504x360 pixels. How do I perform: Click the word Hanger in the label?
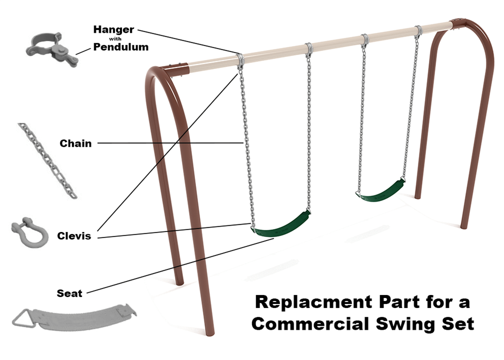point(113,29)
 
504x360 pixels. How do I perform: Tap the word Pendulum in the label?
point(120,47)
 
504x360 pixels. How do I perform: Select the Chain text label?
point(76,143)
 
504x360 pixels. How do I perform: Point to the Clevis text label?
point(74,235)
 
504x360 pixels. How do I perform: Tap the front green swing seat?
point(281,225)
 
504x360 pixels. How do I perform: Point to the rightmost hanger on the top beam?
point(418,30)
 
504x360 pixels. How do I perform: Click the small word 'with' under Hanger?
point(113,38)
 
